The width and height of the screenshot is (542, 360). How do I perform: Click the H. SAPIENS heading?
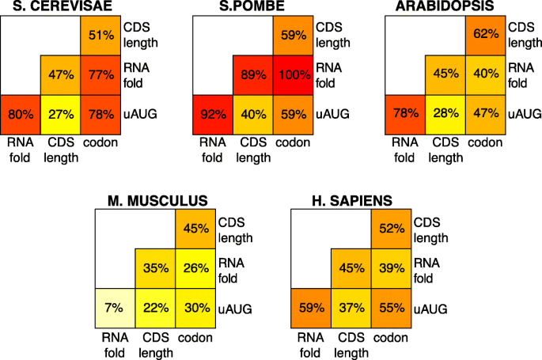pos(351,199)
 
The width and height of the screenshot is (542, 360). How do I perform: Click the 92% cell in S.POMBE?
pos(213,113)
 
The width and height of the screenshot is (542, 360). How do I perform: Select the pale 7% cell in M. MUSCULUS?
pos(116,307)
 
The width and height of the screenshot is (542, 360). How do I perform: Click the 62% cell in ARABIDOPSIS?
pos(483,36)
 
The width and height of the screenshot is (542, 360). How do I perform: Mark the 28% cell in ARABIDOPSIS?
pos(445,113)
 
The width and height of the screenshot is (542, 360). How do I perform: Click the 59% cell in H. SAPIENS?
pos(310,307)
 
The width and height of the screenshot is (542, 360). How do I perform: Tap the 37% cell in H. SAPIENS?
pos(350,307)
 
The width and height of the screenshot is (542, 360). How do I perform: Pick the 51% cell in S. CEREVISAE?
pos(99,36)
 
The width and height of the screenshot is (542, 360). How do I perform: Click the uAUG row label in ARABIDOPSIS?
pos(523,113)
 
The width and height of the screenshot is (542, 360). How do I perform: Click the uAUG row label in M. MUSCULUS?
pos(234,307)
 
